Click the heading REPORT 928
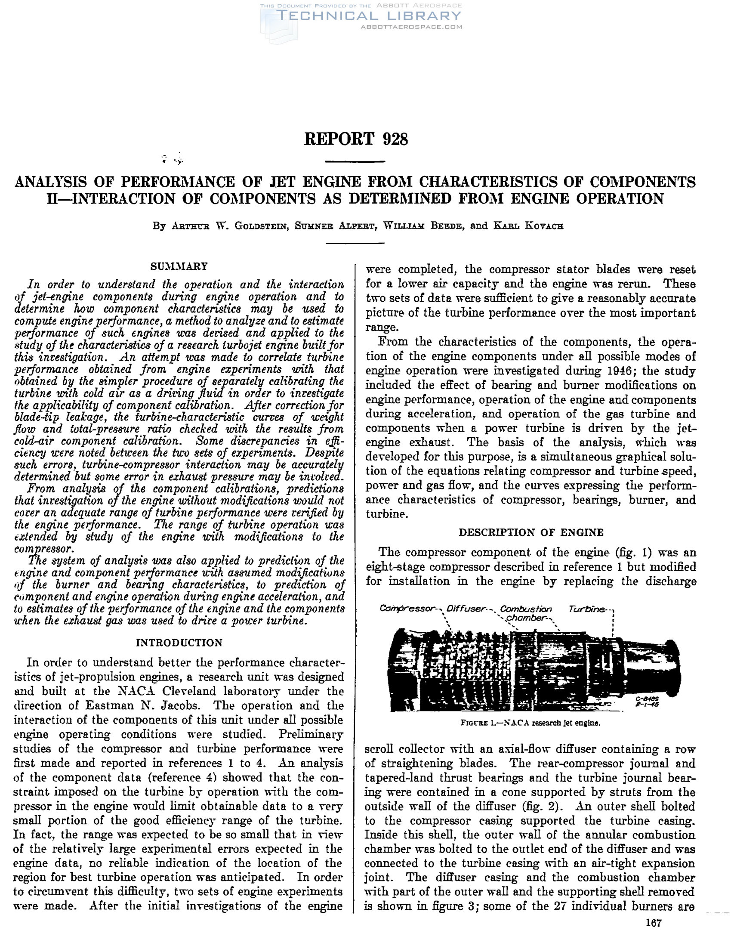356,139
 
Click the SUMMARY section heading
179,266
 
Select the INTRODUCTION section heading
179,643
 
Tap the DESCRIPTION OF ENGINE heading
531,532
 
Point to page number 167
654,923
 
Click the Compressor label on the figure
407,609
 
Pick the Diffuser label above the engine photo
466,609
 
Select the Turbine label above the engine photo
587,609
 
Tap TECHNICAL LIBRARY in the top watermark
369,16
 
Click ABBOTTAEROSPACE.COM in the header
411,27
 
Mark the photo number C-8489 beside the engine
647,699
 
